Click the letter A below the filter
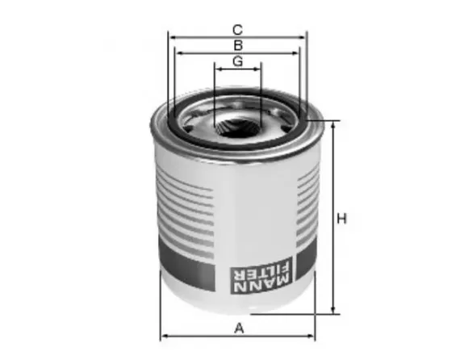point(238,327)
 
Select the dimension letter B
point(238,44)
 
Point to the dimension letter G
point(238,62)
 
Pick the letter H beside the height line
point(342,218)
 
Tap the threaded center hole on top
point(237,127)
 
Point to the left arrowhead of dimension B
point(180,53)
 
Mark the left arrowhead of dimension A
point(165,336)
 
